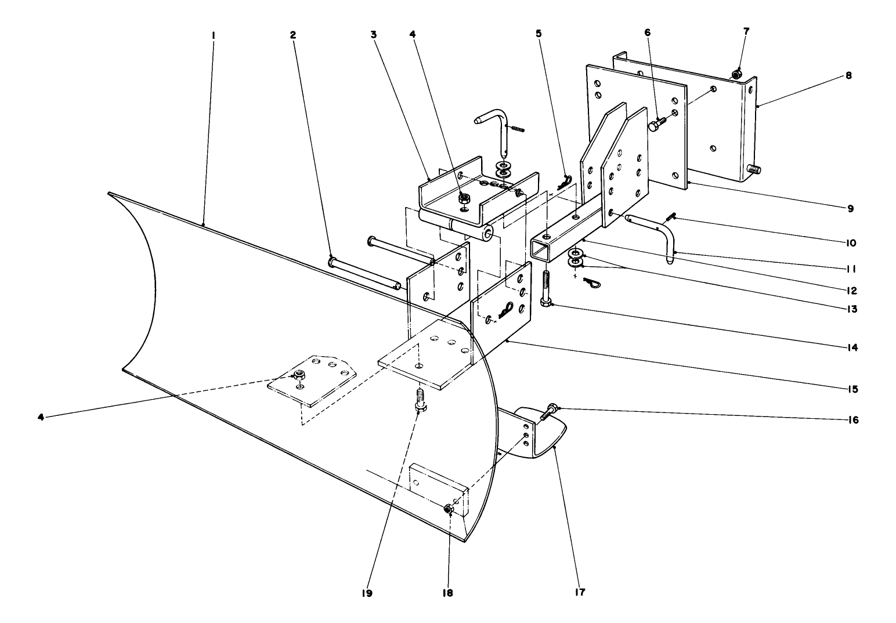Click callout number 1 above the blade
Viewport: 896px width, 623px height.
[x=214, y=35]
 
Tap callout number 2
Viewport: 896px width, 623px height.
[x=293, y=35]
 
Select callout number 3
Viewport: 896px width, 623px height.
[x=374, y=35]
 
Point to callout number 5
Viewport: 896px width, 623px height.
[x=539, y=34]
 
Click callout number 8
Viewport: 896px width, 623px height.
[x=848, y=75]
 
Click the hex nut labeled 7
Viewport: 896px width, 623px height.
[x=736, y=74]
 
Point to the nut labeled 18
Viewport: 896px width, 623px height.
[x=448, y=509]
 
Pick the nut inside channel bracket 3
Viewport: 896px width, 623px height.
[x=464, y=198]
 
